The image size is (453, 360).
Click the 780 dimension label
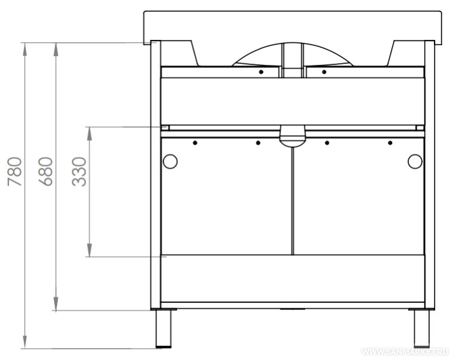[x=15, y=171]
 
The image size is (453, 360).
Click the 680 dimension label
[x=46, y=171]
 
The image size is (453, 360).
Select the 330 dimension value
[x=79, y=171]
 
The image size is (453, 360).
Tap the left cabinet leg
[x=163, y=328]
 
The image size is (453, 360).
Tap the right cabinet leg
[x=421, y=328]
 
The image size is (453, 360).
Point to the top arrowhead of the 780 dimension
[x=25, y=49]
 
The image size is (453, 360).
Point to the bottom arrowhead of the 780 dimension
[x=25, y=342]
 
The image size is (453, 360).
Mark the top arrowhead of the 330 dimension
[x=90, y=134]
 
